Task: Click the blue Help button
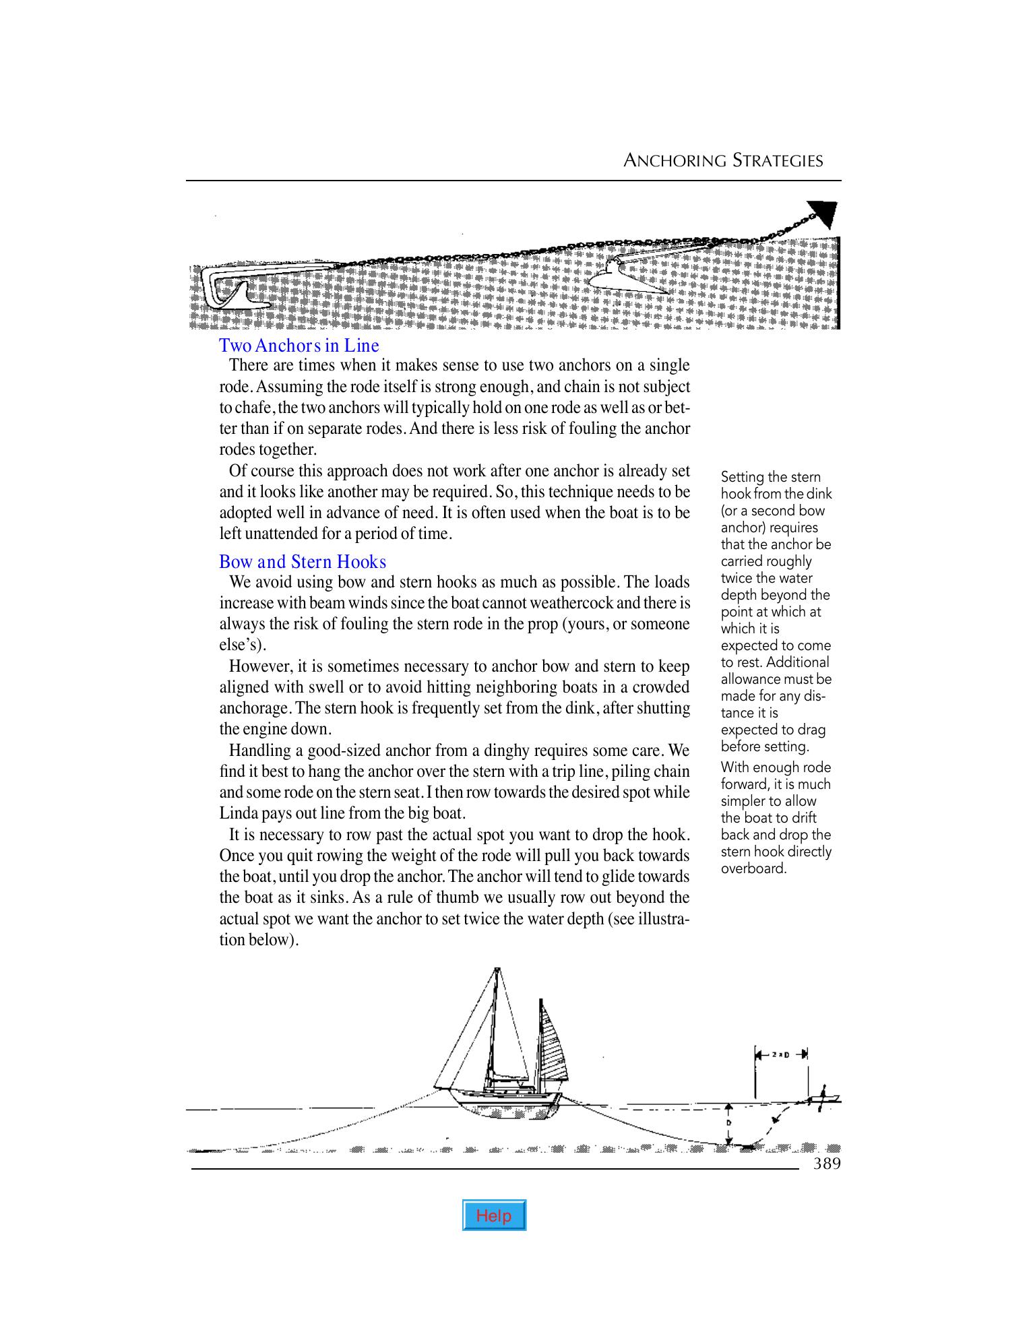[x=494, y=1215]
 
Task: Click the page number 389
[x=827, y=1164]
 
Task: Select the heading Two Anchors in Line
[x=299, y=346]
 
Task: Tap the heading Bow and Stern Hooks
[x=303, y=562]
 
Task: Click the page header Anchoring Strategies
[x=723, y=160]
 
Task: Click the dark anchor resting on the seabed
[x=746, y=1146]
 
